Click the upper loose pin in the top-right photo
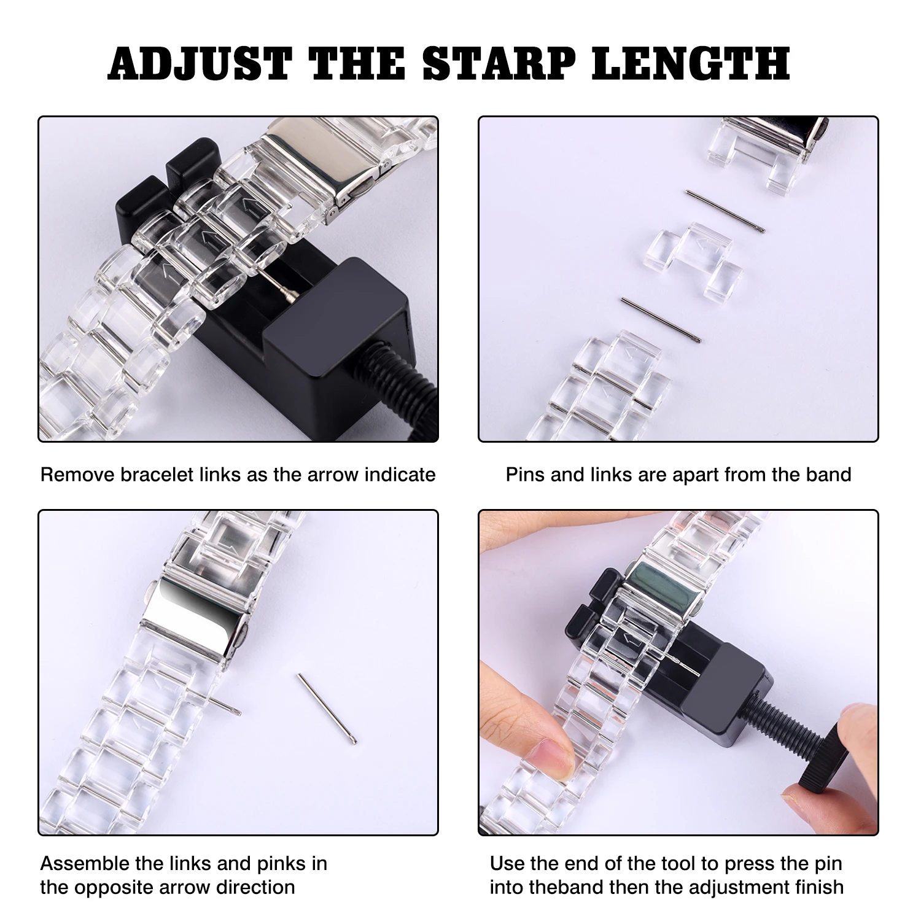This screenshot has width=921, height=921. pyautogui.click(x=725, y=211)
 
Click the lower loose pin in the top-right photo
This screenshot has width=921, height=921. pyautogui.click(x=661, y=320)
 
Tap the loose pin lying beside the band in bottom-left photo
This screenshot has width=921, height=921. pyautogui.click(x=327, y=708)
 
